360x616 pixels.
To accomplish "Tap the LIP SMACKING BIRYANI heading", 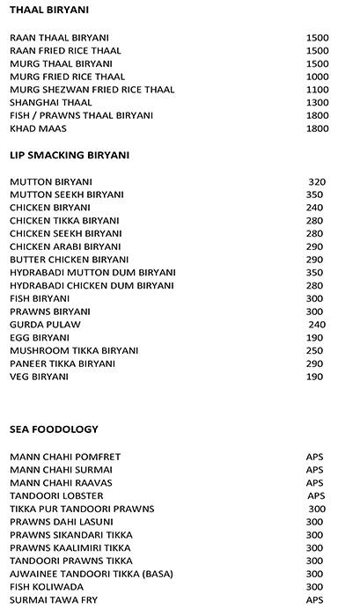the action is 70,155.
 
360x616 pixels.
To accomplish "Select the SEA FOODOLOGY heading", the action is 54,429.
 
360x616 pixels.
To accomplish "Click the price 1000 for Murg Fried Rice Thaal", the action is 317,77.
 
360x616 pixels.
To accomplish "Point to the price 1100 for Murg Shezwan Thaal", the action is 317,90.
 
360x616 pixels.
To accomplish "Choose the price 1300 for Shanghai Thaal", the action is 317,103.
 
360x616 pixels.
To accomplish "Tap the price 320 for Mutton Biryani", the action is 317,182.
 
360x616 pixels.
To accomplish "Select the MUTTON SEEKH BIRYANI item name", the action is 67,194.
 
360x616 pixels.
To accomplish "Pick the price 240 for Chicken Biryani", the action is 314,208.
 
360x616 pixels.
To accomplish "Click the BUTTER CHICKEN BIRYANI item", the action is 70,260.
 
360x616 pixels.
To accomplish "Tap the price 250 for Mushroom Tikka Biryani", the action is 314,351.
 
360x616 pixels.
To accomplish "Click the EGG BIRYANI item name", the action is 40,338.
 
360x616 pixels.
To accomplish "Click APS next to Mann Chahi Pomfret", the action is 314,457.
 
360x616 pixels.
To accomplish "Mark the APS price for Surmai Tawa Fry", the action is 314,600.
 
